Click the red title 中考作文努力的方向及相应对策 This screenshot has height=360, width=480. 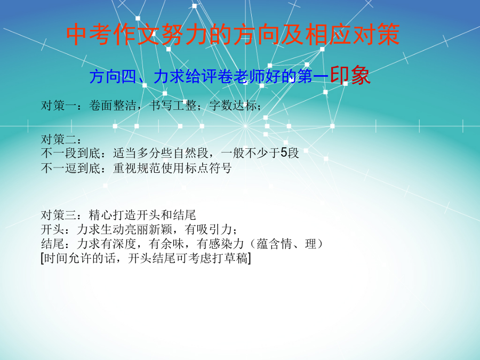coord(233,34)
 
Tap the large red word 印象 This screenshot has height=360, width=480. coord(350,75)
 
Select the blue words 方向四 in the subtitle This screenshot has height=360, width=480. coord(113,76)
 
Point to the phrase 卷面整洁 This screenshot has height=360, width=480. coord(113,106)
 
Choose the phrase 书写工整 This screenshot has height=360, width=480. coord(173,106)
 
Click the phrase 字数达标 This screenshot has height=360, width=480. coord(233,106)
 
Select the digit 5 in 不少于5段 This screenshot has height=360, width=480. coord(284,153)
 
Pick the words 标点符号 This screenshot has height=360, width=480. coord(208,168)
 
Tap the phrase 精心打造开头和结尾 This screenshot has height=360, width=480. coord(142,215)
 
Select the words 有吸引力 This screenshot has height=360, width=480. coord(209,229)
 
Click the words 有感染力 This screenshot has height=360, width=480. coord(220,244)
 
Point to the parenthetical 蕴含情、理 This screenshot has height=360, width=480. coord(286,244)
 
